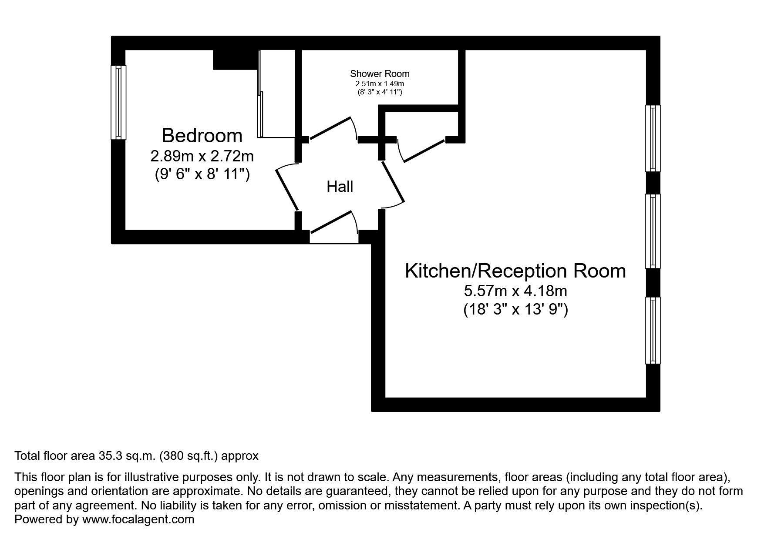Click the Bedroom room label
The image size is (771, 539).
(x=202, y=136)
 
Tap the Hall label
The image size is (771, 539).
(x=340, y=187)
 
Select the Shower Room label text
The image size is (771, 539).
(x=380, y=74)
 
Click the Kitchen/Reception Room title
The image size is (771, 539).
(x=515, y=271)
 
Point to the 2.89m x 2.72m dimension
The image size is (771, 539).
(x=202, y=156)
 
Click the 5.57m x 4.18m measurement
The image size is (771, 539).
(x=515, y=291)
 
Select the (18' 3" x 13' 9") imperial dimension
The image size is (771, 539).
(x=515, y=310)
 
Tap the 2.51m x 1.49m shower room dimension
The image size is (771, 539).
(x=380, y=84)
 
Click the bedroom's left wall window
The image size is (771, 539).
(x=118, y=102)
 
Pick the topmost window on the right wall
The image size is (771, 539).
(x=653, y=138)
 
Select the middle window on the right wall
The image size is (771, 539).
(x=653, y=231)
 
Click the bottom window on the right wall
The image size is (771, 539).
(x=653, y=330)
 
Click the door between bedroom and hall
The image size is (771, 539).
(x=286, y=187)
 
